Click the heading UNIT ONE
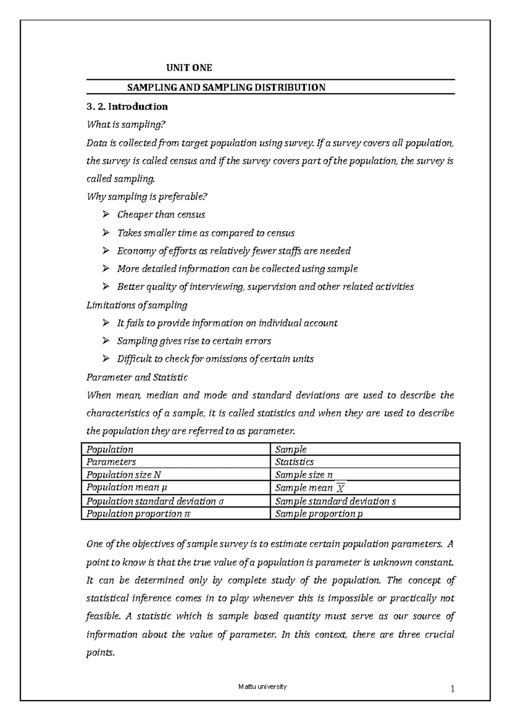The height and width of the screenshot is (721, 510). pos(189,68)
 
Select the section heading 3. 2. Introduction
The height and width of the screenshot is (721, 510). pos(127,107)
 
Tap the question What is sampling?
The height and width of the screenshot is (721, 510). pos(125,125)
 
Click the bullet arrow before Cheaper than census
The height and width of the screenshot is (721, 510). pos(106,215)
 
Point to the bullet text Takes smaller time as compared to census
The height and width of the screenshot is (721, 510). pos(206,233)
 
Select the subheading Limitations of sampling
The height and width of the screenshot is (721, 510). pos(136,305)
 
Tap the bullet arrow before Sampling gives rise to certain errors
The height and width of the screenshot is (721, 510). pos(106,341)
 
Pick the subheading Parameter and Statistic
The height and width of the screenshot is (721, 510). pos(137,377)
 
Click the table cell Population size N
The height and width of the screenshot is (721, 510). pos(124,475)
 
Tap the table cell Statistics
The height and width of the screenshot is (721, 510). pos(294,462)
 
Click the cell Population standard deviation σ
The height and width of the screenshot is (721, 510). pos(155,501)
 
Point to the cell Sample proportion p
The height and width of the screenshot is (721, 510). pos(319,514)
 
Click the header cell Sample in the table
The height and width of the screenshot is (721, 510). pos(291,449)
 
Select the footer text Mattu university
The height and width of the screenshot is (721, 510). pos(262,687)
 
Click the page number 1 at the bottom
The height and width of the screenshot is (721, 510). pos(453,689)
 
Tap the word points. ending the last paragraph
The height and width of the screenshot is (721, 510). pos(100,653)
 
